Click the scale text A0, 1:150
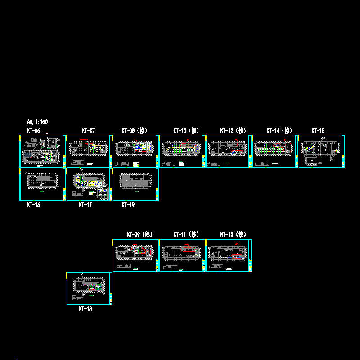click(x=37, y=122)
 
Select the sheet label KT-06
click(x=34, y=131)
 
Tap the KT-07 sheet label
click(x=88, y=131)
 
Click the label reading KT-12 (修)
click(x=233, y=131)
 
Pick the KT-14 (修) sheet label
click(x=279, y=131)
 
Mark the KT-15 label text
click(x=318, y=131)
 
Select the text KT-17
click(x=85, y=205)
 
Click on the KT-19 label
click(x=128, y=205)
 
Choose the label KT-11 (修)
click(x=186, y=234)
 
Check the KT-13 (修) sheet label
click(x=233, y=234)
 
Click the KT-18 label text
click(x=85, y=309)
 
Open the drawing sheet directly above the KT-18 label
click(x=89, y=288)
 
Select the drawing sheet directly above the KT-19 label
click(x=135, y=184)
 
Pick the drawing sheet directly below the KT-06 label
click(x=42, y=151)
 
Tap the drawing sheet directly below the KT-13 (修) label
click(x=229, y=256)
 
